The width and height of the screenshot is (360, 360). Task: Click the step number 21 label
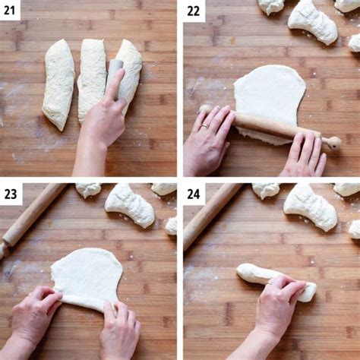point(11,10)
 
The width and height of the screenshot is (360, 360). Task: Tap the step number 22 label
point(194,10)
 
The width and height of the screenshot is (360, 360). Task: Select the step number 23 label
point(11,194)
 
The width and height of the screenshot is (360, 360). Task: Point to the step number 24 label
point(194,194)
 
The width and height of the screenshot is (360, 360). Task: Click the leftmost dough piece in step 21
point(58,83)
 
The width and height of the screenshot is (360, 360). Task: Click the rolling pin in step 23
point(30,216)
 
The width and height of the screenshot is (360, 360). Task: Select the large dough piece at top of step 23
point(129,205)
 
